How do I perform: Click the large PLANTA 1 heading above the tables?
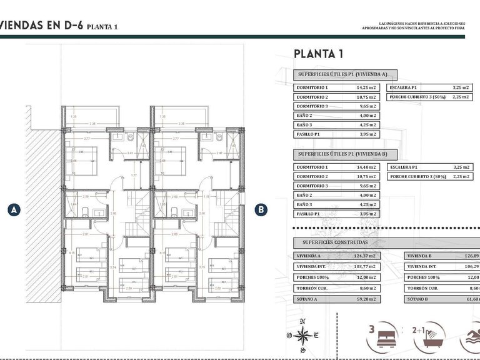point(319,54)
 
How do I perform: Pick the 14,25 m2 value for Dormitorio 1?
point(366,88)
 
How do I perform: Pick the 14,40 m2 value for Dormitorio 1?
point(366,167)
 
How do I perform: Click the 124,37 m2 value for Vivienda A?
point(366,256)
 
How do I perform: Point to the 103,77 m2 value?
point(366,267)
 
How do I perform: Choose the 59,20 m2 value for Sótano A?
point(366,299)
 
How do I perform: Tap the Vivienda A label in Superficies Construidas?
point(309,256)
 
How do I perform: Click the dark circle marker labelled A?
point(13,210)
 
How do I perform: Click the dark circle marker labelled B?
point(261,210)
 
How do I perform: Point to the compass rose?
point(303,334)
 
